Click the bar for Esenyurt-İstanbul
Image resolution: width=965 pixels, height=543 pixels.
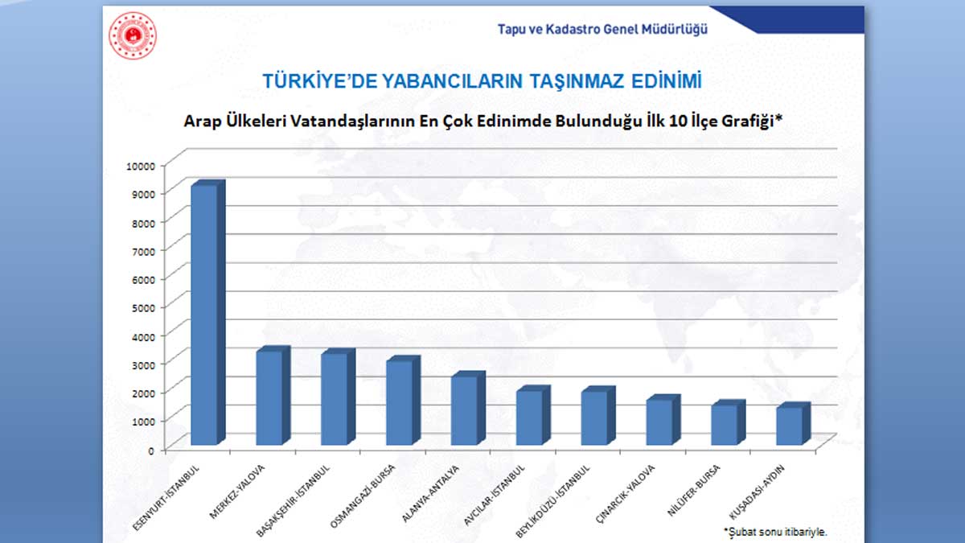[203, 314]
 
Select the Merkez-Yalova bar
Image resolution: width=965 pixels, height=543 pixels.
[269, 397]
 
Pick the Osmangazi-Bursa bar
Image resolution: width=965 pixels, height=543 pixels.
[399, 401]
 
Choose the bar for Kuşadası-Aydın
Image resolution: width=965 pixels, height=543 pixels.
[789, 426]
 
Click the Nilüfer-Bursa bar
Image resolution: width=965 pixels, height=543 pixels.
[724, 424]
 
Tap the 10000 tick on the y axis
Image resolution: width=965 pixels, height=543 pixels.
[140, 165]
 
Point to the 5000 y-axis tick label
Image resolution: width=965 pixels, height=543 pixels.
[143, 306]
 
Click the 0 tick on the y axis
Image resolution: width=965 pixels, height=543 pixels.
[150, 450]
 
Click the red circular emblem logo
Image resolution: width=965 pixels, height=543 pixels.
[133, 35]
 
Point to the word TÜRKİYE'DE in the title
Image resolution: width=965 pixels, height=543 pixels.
[310, 80]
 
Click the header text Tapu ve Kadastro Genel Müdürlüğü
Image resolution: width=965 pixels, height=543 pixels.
[602, 29]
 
